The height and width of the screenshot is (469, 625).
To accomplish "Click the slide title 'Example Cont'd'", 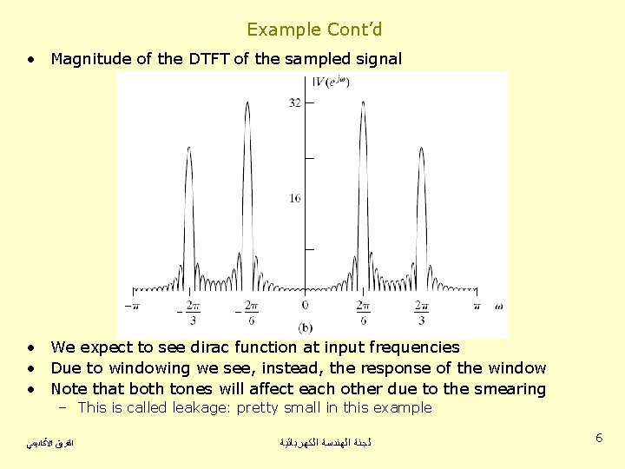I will pyautogui.click(x=314, y=30).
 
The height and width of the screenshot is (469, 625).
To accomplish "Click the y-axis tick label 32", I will pyautogui.click(x=295, y=102).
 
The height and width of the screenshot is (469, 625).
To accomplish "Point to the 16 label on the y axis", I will pyautogui.click(x=295, y=198).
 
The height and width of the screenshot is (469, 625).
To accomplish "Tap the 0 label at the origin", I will pyautogui.click(x=305, y=305).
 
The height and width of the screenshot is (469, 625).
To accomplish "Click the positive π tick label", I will pyautogui.click(x=477, y=305).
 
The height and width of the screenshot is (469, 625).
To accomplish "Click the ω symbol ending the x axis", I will pyautogui.click(x=498, y=305).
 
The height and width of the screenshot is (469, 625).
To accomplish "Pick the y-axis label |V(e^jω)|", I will pyautogui.click(x=331, y=83).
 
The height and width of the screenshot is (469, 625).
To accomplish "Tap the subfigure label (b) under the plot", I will pyautogui.click(x=306, y=327).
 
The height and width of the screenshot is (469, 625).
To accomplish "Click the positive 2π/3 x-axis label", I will pyautogui.click(x=421, y=312).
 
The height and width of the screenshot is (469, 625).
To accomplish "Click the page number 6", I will pyautogui.click(x=599, y=439).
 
